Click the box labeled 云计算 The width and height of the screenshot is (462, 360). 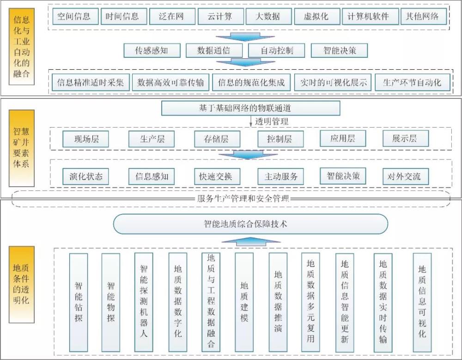215,17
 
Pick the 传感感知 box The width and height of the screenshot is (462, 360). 152,50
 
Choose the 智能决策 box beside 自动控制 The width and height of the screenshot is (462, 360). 340,50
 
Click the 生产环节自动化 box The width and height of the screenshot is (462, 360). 412,83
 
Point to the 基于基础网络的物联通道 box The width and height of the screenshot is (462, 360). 250,109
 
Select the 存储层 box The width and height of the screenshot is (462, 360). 211,139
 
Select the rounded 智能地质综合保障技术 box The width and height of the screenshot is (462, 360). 251,224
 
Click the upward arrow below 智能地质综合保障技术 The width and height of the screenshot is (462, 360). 251,242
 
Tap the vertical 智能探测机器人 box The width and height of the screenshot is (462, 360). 143,301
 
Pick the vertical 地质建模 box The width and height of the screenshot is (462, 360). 244,301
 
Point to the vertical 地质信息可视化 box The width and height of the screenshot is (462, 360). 422,301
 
